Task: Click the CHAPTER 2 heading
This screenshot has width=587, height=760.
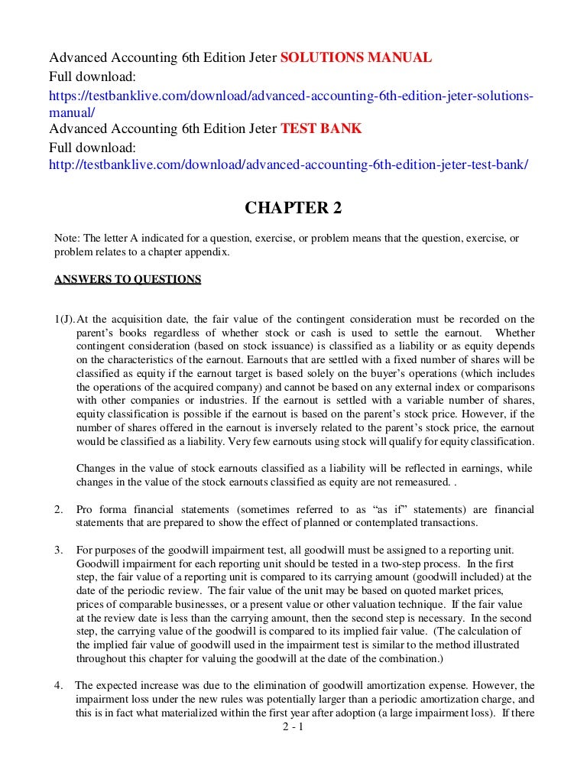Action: click(x=293, y=209)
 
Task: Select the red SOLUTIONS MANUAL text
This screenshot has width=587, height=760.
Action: click(x=357, y=58)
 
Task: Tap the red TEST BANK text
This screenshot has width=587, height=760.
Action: click(x=321, y=128)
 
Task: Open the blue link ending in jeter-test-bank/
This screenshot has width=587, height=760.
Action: click(x=288, y=164)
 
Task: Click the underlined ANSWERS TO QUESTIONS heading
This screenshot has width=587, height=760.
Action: click(x=128, y=279)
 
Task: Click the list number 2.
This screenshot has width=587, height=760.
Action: click(x=57, y=509)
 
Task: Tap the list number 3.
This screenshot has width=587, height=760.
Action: click(x=57, y=551)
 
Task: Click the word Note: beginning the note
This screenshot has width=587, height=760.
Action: click(x=67, y=239)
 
